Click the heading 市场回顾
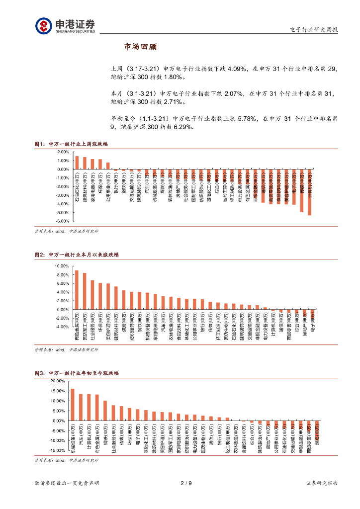tap(140, 47)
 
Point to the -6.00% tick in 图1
tap(63, 221)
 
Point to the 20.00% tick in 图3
tap(58, 381)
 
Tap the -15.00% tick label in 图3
tap(57, 450)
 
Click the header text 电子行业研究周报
tap(314, 30)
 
